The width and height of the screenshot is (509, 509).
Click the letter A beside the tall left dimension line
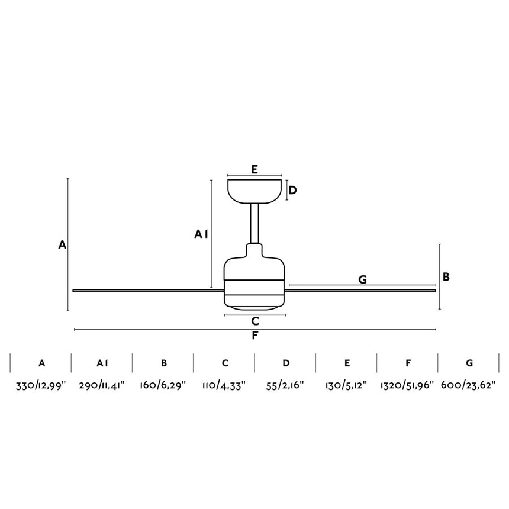62,244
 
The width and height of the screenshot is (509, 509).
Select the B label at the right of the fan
446,276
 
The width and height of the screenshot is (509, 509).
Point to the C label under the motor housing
255,321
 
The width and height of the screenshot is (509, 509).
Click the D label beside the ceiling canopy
292,191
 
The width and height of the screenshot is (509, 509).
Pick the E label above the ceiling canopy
254,169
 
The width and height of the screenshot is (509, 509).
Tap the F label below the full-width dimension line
255,336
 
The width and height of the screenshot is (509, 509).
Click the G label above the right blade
363,279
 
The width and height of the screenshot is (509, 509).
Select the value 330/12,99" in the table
41,385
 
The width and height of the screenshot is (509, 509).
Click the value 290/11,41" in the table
102,385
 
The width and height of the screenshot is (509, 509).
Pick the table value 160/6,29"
163,385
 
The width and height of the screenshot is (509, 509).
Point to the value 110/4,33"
225,385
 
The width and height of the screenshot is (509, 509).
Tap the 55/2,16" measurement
286,385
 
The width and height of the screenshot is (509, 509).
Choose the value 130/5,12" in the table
347,385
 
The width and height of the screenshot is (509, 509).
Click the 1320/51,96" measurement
407,385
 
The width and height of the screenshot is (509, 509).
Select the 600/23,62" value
468,385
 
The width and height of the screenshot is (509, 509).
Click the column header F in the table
407,363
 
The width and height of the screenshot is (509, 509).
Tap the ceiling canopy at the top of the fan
254,191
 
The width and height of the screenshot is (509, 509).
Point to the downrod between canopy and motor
255,224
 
